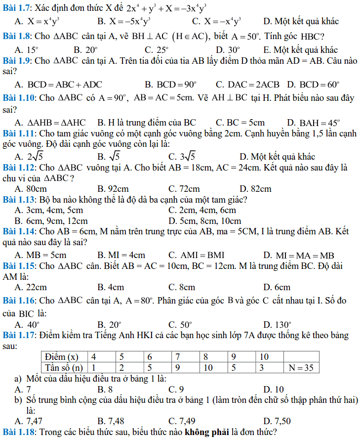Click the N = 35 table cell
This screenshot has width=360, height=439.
301,368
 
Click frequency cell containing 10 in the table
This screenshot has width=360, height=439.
208,368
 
